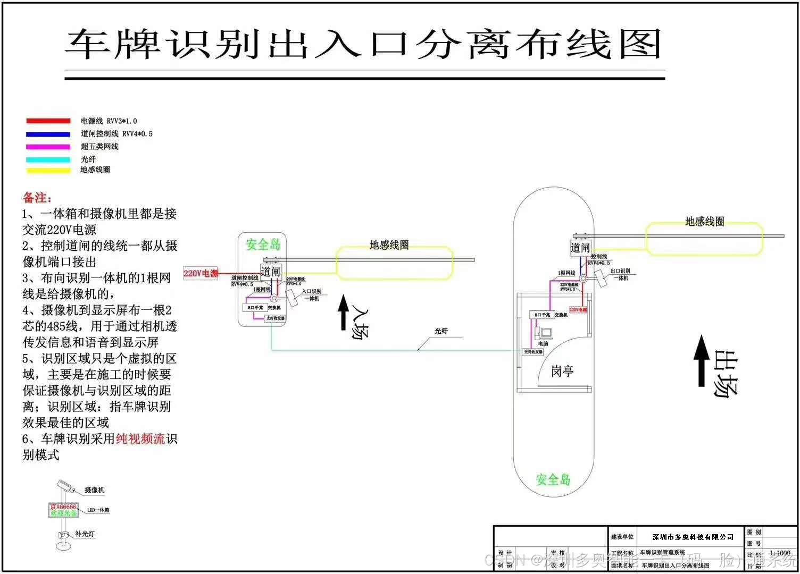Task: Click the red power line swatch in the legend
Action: click(48, 121)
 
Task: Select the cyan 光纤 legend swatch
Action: click(48, 159)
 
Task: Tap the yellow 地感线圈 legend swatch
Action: click(48, 171)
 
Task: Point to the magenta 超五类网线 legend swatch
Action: click(48, 147)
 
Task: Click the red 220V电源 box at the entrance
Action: click(201, 273)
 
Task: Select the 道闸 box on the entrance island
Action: click(270, 272)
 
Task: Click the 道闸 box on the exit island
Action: click(580, 248)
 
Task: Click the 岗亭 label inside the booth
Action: click(562, 371)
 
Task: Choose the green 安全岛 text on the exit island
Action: click(553, 479)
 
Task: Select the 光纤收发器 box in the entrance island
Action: click(274, 318)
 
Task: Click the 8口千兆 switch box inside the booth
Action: click(542, 315)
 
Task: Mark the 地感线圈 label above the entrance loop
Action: click(389, 245)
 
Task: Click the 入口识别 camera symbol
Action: click(292, 298)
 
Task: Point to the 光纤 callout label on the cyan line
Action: click(441, 331)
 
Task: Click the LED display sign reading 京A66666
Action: click(64, 510)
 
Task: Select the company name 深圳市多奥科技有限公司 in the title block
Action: click(693, 537)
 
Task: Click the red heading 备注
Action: click(37, 198)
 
